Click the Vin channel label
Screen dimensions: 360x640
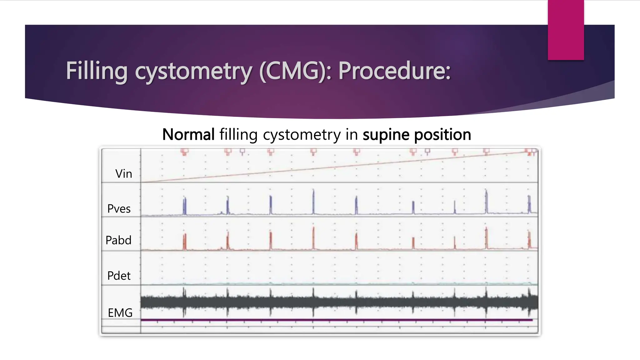123,174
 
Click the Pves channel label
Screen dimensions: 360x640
119,209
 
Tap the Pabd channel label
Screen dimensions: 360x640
118,240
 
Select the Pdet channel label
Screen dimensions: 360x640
119,276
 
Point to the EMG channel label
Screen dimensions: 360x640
120,313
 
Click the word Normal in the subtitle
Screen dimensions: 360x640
188,135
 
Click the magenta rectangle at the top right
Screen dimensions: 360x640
566,30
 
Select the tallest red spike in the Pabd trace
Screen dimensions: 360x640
313,237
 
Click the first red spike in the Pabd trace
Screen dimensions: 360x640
184,242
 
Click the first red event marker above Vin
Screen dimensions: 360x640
184,152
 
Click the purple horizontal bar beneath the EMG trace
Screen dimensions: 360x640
336,320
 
